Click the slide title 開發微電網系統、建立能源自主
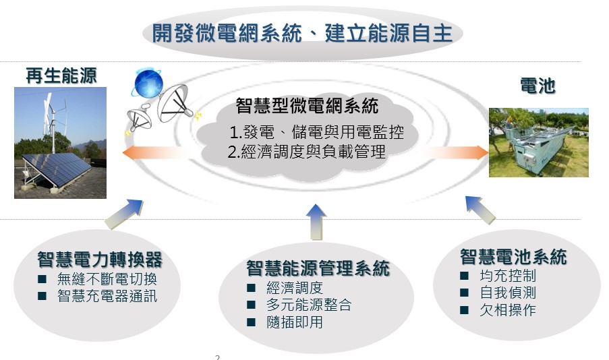(x=301, y=33)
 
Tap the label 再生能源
(x=61, y=76)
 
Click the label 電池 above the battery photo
(x=538, y=86)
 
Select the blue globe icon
(x=148, y=84)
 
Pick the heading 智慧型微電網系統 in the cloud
(x=308, y=106)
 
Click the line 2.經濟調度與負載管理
(x=306, y=152)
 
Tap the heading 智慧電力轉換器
(x=100, y=260)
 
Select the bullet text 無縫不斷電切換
(x=107, y=279)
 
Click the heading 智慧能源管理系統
(x=318, y=268)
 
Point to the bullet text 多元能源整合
(x=309, y=305)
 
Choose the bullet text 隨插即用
(x=295, y=322)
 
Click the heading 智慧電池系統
(x=513, y=257)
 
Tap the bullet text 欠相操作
(x=508, y=310)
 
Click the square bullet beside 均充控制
(x=464, y=276)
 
